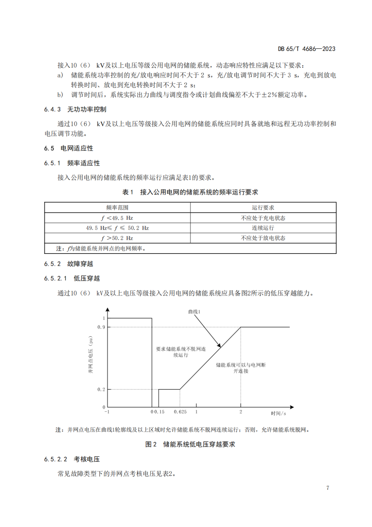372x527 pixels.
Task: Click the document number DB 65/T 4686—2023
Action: (x=307, y=49)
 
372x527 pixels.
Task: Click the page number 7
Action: (x=328, y=488)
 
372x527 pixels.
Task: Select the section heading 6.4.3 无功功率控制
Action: (x=75, y=109)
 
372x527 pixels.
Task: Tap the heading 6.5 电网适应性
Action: (x=69, y=148)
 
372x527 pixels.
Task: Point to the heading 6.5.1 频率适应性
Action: (x=72, y=163)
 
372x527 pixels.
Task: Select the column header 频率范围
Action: (x=117, y=208)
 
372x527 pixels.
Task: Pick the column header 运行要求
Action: (x=263, y=208)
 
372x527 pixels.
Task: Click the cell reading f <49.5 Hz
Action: (x=117, y=218)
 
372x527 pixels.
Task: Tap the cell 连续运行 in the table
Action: (x=263, y=228)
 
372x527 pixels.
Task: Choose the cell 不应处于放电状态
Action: (x=263, y=238)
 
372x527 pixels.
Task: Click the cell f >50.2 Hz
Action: (x=117, y=238)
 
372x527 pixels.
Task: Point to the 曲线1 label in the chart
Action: (x=194, y=312)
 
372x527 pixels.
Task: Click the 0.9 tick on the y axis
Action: (x=101, y=327)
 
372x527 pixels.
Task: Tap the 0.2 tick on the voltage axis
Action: (x=101, y=389)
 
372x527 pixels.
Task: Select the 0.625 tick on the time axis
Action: (x=180, y=412)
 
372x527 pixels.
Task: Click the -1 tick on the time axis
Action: (x=107, y=412)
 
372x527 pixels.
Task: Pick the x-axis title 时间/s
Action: (x=278, y=413)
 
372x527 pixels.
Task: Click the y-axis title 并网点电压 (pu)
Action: (x=91, y=355)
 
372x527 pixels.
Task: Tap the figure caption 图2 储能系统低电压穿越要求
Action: (x=190, y=444)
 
